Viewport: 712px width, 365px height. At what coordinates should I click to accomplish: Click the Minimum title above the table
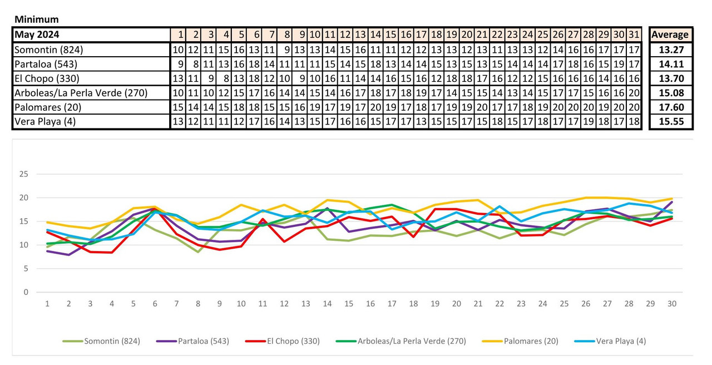coord(36,19)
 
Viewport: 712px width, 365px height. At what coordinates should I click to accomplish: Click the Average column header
coord(670,34)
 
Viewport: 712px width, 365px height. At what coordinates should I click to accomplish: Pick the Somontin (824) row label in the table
coord(49,50)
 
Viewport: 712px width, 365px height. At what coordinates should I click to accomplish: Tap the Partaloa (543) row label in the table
coord(47,63)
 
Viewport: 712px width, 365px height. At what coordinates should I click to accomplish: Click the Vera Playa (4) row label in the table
coord(46,121)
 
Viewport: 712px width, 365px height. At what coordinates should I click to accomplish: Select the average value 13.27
coord(671,50)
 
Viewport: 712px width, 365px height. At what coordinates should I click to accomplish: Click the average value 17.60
coord(671,107)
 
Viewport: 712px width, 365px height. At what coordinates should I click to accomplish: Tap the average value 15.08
coord(671,92)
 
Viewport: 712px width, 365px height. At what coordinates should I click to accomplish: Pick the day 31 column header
coord(634,34)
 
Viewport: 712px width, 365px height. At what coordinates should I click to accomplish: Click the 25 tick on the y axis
coord(23,174)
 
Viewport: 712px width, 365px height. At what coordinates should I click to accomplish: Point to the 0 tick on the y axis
coord(26,292)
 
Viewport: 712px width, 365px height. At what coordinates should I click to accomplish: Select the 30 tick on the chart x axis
coord(672,304)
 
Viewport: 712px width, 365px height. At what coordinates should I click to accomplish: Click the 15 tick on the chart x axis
coord(349,304)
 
